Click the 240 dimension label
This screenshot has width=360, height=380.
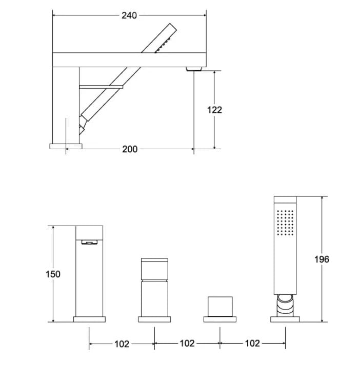(129, 15)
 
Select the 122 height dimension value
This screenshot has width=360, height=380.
(214, 110)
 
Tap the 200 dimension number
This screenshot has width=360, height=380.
(130, 149)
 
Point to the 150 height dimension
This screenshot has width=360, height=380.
(53, 274)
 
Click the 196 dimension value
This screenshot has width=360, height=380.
(322, 259)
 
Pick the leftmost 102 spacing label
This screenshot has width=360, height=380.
(122, 344)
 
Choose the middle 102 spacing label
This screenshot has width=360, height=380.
(187, 344)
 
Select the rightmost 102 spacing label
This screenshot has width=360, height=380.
(252, 344)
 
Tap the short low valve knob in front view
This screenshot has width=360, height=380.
(220, 306)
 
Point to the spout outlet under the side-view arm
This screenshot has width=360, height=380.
(194, 68)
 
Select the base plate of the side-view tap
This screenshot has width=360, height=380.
(66, 146)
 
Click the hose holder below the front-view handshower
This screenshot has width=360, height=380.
(285, 305)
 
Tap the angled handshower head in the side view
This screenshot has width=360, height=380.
(164, 39)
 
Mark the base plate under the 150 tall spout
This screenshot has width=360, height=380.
(89, 319)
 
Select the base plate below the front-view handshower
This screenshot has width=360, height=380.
(285, 319)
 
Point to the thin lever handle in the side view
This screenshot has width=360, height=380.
(101, 87)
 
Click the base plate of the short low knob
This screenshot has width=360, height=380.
(220, 319)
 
